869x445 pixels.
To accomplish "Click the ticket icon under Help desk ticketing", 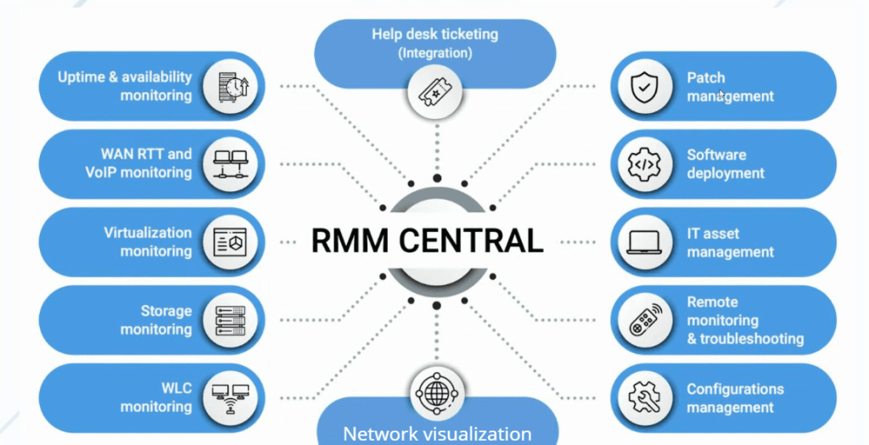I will click(436, 89).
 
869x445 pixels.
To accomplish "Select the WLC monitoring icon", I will click(230, 398).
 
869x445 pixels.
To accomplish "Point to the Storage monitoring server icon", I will click(230, 320).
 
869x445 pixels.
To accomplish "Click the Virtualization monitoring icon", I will click(230, 242).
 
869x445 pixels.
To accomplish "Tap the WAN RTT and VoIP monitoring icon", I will click(230, 164).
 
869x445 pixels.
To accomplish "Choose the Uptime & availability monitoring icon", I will click(230, 86).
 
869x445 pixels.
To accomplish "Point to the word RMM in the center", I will click(341, 240).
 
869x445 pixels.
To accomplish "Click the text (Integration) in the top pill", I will click(435, 53).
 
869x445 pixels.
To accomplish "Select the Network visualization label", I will click(437, 433).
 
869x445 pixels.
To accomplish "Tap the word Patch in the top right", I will click(706, 77).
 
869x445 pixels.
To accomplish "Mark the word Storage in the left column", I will click(165, 311).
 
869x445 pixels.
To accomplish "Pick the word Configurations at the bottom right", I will click(735, 389).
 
